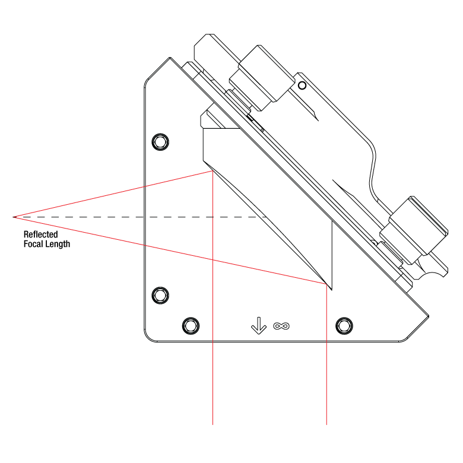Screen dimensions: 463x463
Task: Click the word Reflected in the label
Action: [x=40, y=234]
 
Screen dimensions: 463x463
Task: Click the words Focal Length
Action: [x=46, y=243]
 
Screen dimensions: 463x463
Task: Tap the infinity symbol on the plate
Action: [x=281, y=325]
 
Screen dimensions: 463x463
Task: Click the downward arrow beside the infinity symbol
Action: [x=258, y=325]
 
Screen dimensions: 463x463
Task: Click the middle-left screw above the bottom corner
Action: [x=160, y=295]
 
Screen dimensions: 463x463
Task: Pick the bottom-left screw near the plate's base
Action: [x=190, y=325]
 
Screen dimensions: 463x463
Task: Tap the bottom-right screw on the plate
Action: [x=344, y=325]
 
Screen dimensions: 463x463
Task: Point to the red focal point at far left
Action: [x=14, y=217]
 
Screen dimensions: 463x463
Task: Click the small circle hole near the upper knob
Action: [x=302, y=85]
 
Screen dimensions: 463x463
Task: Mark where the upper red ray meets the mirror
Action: [x=213, y=171]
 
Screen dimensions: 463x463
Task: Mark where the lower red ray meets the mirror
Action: [x=326, y=284]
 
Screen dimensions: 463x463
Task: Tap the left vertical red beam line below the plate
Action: [x=213, y=386]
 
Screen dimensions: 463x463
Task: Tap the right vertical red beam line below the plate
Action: [x=326, y=386]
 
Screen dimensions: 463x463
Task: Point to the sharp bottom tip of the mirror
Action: [x=331, y=289]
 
